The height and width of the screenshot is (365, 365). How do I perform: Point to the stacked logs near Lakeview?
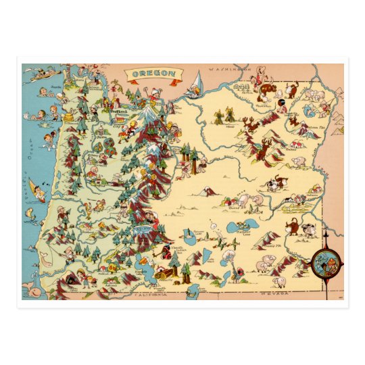pos(165,274)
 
